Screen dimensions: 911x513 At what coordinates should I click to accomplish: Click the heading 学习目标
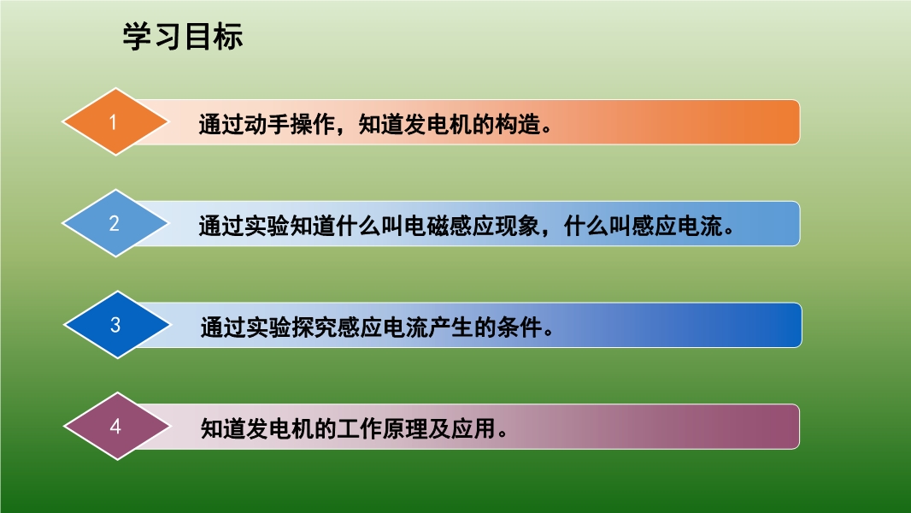click(x=182, y=37)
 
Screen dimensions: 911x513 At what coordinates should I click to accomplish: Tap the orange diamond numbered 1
click(x=115, y=122)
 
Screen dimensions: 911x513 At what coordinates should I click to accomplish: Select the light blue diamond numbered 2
click(x=115, y=223)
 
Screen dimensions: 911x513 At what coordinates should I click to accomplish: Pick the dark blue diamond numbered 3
click(x=117, y=325)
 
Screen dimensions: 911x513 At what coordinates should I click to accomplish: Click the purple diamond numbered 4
click(x=117, y=427)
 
